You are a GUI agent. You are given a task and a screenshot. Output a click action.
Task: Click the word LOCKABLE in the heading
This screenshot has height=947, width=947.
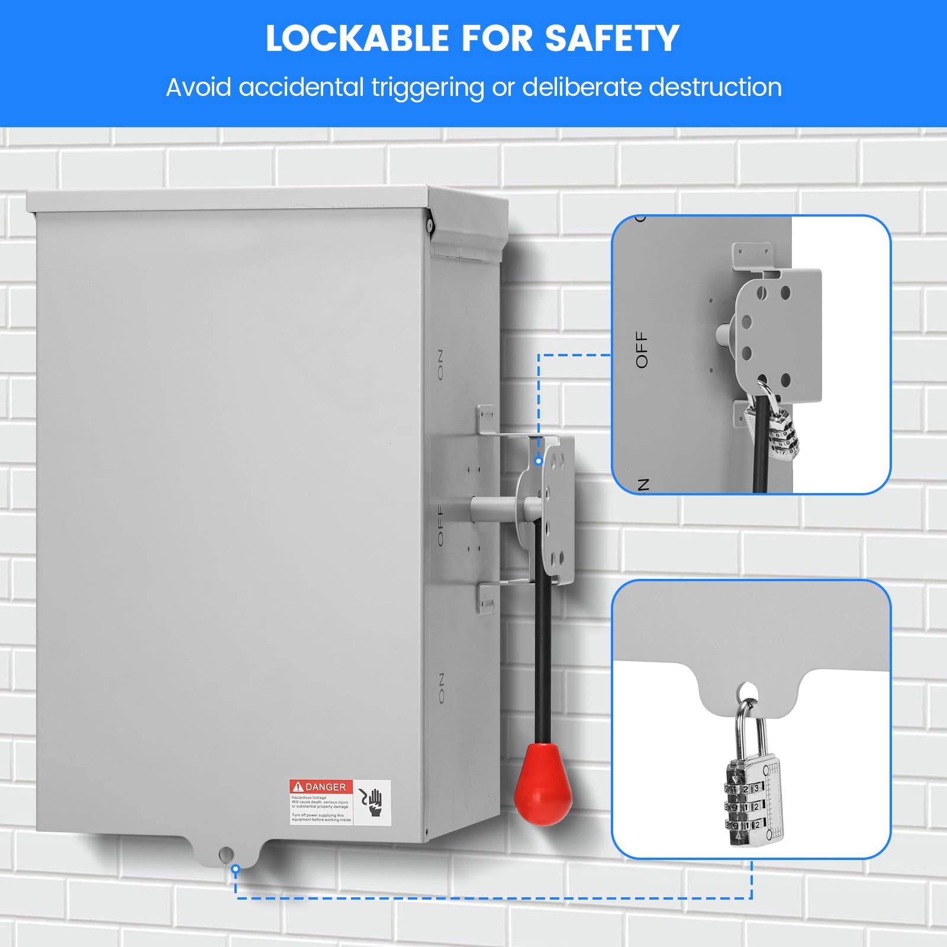tap(357, 39)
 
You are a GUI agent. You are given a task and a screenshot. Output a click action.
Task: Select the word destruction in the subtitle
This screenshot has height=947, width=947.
tap(715, 88)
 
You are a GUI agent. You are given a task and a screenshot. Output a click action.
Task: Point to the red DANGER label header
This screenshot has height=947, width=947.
tap(321, 787)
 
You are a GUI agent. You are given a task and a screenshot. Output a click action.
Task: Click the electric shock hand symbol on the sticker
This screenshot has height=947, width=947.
tap(373, 803)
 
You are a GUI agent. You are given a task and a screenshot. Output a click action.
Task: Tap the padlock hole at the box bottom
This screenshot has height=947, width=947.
tap(226, 854)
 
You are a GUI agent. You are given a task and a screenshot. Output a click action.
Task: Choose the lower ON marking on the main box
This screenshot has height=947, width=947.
tap(440, 688)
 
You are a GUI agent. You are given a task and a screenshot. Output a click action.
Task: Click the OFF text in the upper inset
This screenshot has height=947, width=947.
tap(642, 349)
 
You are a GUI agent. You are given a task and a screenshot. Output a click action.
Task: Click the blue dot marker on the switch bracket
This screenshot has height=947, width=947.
tap(538, 460)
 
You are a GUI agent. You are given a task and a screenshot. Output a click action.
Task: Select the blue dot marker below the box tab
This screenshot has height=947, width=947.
tap(236, 869)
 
